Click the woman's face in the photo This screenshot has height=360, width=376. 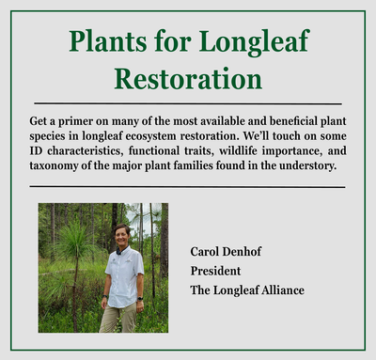coord(122,234)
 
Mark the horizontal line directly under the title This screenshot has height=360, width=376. coord(188,102)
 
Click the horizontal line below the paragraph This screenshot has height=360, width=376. coord(188,186)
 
